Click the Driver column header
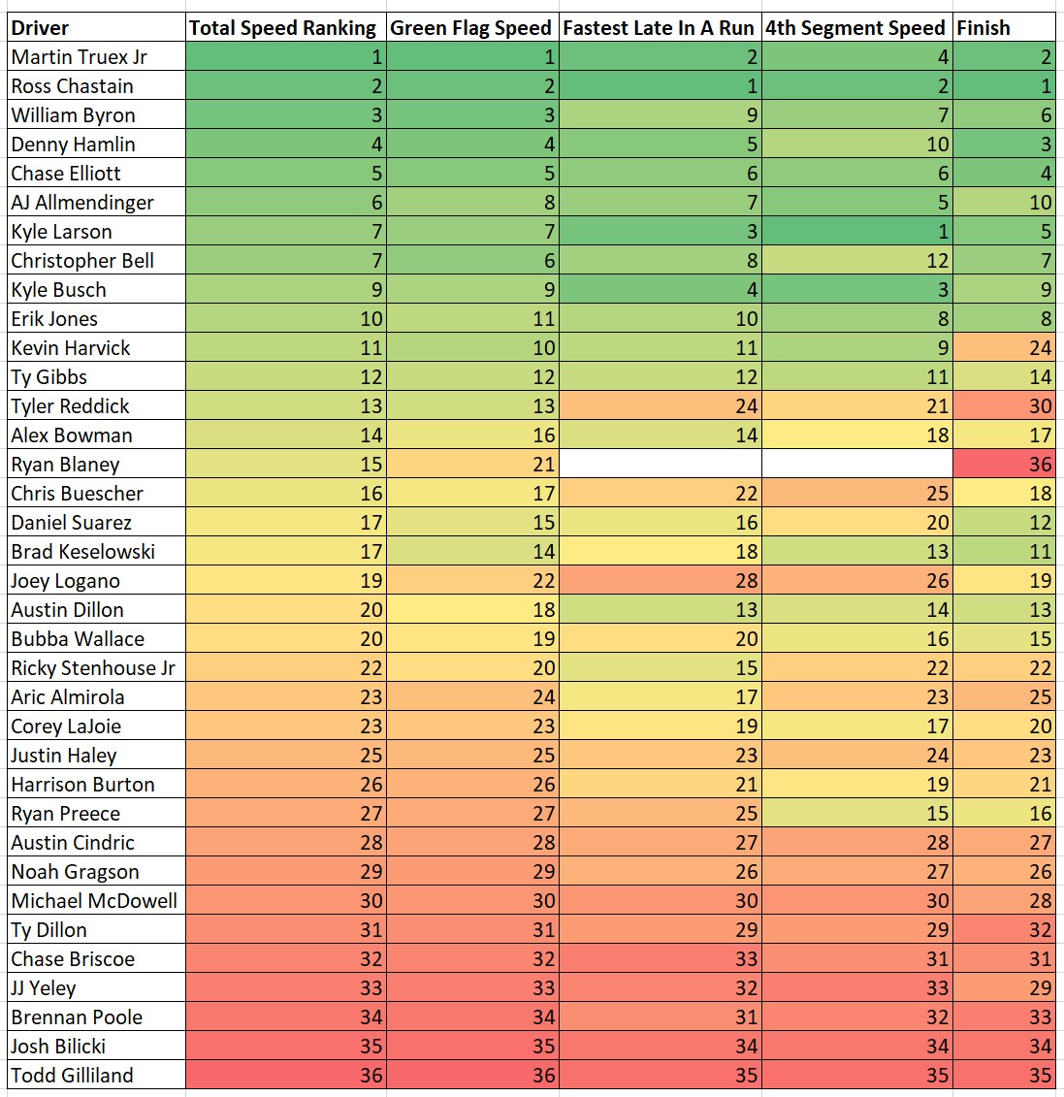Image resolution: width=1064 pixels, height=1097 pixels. click(41, 28)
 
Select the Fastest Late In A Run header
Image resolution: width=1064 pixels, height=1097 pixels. click(659, 28)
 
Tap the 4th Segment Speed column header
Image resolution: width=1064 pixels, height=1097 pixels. click(854, 28)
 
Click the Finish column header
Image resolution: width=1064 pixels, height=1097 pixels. click(983, 28)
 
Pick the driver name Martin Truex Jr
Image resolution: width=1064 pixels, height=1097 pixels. click(80, 57)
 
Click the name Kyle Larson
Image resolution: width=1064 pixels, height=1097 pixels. click(62, 232)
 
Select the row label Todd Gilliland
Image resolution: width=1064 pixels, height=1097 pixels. click(73, 1076)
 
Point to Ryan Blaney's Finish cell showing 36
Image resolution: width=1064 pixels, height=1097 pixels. click(1004, 465)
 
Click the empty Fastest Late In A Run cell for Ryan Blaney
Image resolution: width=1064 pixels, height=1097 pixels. click(661, 465)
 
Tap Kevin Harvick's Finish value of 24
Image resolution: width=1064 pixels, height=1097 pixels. click(1004, 348)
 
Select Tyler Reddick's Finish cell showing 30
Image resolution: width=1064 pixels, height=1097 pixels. click(1004, 406)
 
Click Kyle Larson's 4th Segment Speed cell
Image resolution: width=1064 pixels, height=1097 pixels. click(856, 232)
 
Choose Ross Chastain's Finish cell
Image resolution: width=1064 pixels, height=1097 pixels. click(1004, 86)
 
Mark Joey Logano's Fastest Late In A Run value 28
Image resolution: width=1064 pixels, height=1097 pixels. click(661, 581)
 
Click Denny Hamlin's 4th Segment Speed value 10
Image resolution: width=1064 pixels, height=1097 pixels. click(856, 145)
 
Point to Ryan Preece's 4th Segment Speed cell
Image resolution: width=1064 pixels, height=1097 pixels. click(856, 814)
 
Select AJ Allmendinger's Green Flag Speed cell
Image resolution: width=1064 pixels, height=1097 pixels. click(472, 203)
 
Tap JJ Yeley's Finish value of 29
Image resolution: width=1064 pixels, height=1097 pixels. click(1004, 988)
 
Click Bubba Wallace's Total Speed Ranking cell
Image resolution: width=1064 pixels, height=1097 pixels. click(285, 639)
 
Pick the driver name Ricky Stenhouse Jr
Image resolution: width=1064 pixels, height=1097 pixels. click(93, 668)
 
